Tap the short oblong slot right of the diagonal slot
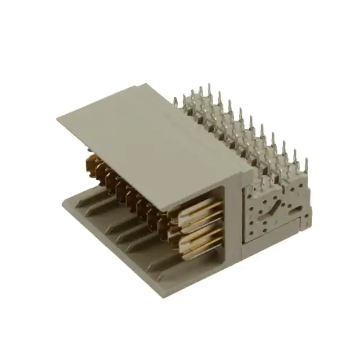point(292,209)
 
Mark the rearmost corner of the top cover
point(147,84)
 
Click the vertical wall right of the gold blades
point(232,225)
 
